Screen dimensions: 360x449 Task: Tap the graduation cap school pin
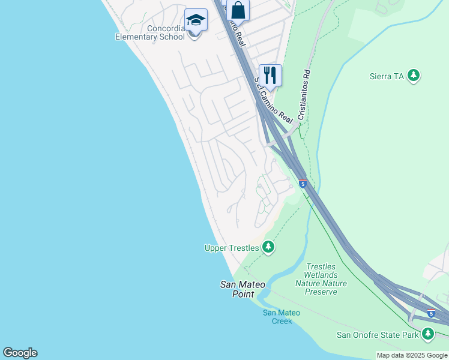(x=195, y=21)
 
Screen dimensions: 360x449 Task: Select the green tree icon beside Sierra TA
(x=413, y=76)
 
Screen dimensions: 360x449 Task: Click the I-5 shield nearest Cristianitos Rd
(x=303, y=183)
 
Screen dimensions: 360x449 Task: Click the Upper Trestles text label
(x=231, y=248)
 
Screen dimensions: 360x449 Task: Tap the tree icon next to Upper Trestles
(x=268, y=247)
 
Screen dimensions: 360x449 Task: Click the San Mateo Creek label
(x=281, y=317)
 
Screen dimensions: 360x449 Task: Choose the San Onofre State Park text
(x=377, y=335)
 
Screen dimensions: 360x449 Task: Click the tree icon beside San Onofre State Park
(x=428, y=334)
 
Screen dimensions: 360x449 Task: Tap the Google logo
(x=20, y=353)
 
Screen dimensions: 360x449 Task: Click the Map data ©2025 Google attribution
(x=412, y=355)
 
